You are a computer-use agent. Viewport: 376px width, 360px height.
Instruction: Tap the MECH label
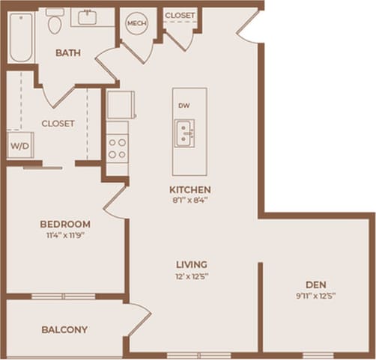pyautogui.click(x=136, y=23)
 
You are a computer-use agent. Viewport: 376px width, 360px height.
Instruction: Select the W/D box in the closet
pyautogui.click(x=18, y=146)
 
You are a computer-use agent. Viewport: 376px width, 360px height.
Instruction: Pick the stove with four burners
pyautogui.click(x=118, y=147)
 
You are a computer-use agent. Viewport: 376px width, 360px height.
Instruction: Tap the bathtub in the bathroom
pyautogui.click(x=20, y=36)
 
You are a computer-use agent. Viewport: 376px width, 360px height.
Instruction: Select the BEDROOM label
pyautogui.click(x=65, y=224)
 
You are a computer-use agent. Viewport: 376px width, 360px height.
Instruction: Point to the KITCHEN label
pyautogui.click(x=189, y=189)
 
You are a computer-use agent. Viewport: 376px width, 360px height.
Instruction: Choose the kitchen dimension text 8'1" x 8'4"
pyautogui.click(x=189, y=200)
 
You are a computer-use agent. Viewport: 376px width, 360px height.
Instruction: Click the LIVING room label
pyautogui.click(x=191, y=265)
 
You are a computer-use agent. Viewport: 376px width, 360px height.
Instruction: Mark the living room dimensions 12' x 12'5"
pyautogui.click(x=191, y=276)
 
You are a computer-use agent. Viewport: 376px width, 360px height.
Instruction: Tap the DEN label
pyautogui.click(x=315, y=284)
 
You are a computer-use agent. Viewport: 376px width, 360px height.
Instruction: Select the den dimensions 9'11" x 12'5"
pyautogui.click(x=315, y=296)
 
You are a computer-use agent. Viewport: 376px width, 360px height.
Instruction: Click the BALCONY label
pyautogui.click(x=65, y=329)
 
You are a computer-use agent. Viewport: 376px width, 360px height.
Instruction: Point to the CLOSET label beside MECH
pyautogui.click(x=180, y=15)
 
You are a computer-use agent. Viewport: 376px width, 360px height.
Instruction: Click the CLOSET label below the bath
pyautogui.click(x=58, y=123)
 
